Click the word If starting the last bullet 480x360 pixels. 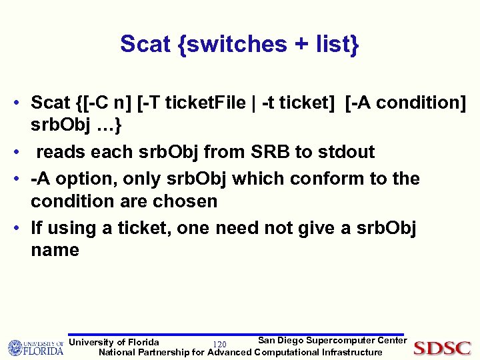pyautogui.click(x=37, y=228)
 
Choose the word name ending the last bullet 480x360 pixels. pyautogui.click(x=55, y=250)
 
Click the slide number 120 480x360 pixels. pyautogui.click(x=217, y=343)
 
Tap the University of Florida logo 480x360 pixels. pyautogui.click(x=36, y=348)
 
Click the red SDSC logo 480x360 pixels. pyautogui.click(x=442, y=348)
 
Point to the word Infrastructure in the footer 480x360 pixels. pyautogui.click(x=351, y=352)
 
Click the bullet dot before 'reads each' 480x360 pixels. pyautogui.click(x=22, y=153)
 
